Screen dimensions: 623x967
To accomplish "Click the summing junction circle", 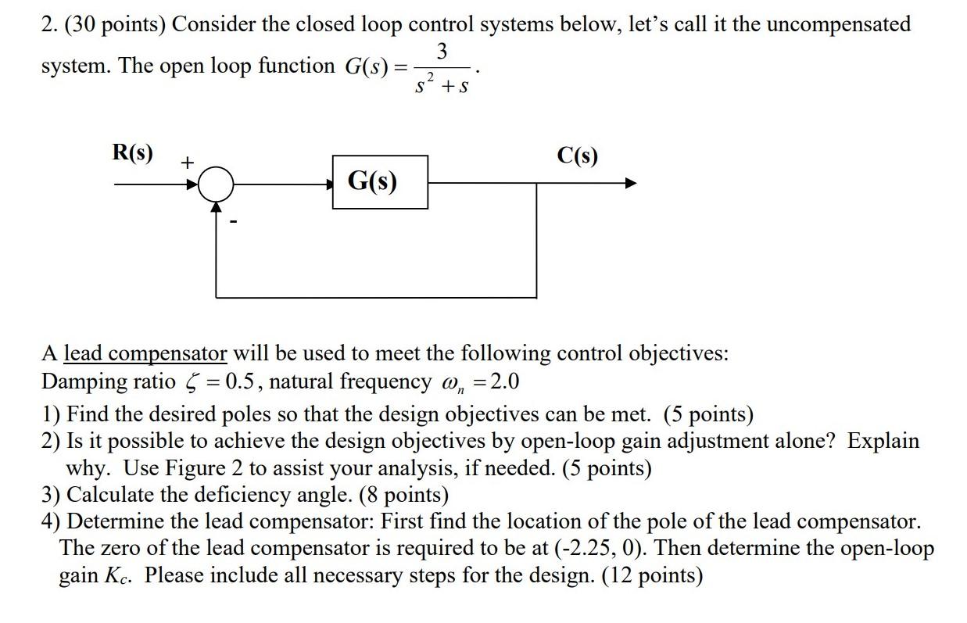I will [216, 184].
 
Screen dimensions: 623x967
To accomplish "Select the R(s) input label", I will [132, 152].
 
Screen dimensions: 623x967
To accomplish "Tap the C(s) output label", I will [577, 156].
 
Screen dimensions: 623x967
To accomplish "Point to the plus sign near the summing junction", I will [187, 163].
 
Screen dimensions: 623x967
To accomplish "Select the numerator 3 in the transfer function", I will [442, 52].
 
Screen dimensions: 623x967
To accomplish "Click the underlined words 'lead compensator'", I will [145, 353].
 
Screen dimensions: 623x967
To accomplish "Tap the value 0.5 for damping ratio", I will [238, 382].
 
